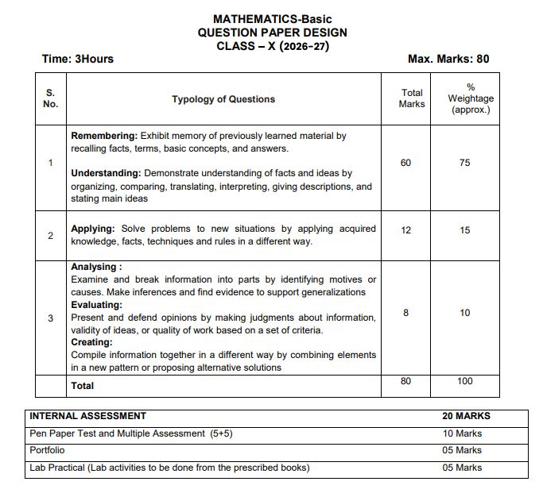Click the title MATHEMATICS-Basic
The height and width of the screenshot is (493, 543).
(x=272, y=19)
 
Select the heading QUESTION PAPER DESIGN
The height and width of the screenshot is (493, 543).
(x=272, y=33)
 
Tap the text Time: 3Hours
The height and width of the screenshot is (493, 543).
(x=77, y=59)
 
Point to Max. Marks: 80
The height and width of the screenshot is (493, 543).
(x=448, y=59)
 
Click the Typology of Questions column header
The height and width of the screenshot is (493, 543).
(x=223, y=99)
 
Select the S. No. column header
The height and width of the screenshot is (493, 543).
(x=50, y=98)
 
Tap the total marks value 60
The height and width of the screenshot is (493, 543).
(x=405, y=163)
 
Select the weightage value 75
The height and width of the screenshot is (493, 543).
(x=464, y=163)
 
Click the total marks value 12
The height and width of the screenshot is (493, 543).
(x=405, y=230)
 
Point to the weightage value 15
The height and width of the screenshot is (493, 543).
(x=464, y=230)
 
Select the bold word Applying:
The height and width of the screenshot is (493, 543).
(x=93, y=229)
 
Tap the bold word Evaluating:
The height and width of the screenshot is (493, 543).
(x=96, y=305)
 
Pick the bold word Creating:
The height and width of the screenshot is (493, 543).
(x=91, y=342)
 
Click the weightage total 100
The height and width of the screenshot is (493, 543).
(x=464, y=381)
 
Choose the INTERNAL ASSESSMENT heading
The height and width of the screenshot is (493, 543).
(x=87, y=415)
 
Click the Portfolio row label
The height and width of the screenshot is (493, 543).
(x=47, y=450)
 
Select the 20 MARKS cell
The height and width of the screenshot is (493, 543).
(x=466, y=415)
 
